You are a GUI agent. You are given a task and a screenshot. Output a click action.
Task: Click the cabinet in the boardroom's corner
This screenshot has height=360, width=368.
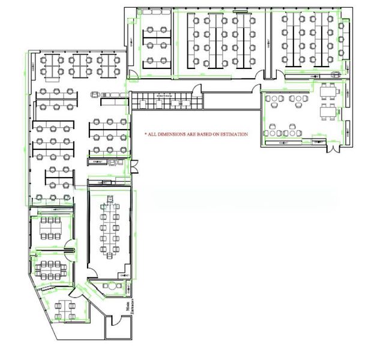pos(124,275)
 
